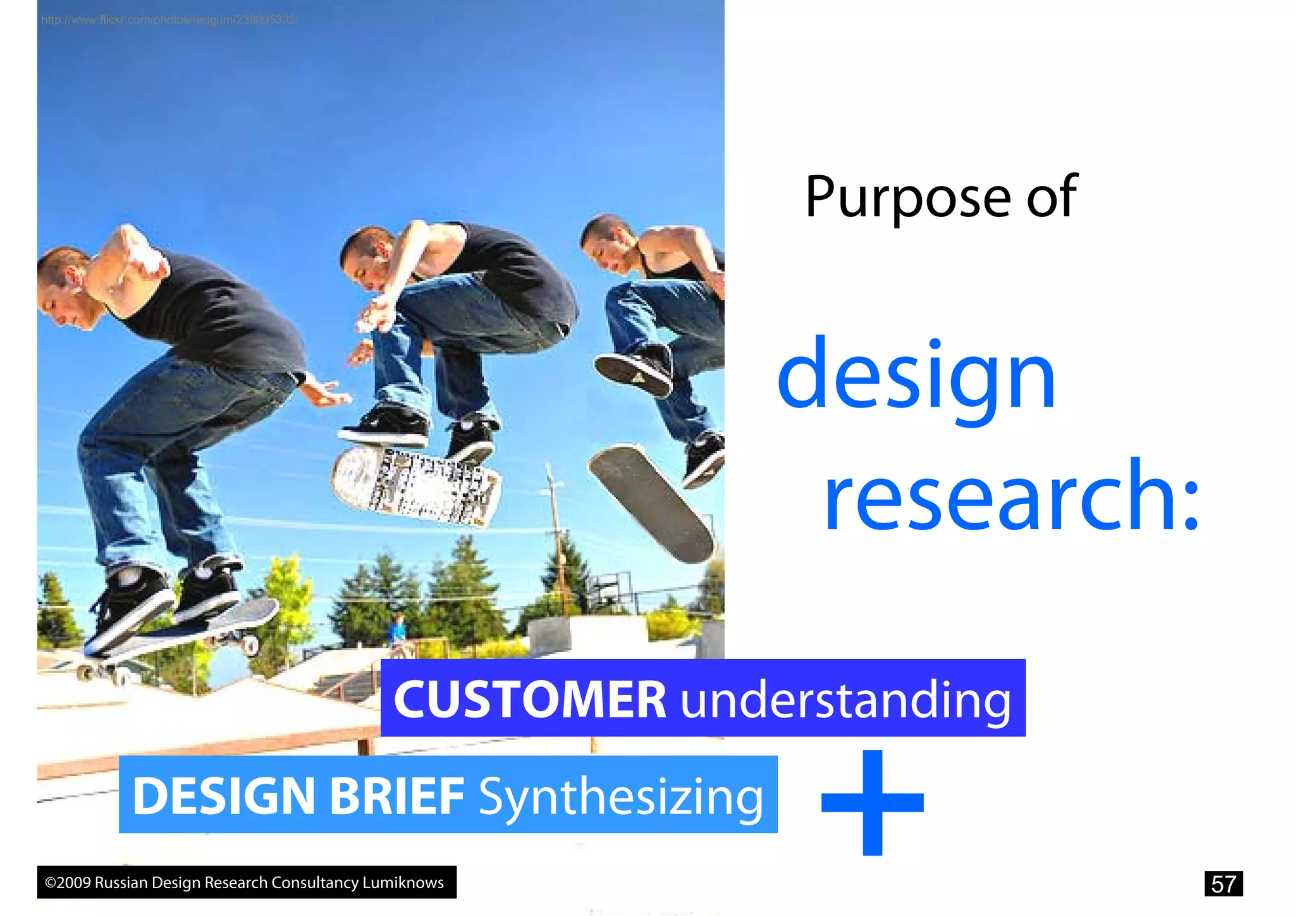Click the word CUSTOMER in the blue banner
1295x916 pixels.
(530, 699)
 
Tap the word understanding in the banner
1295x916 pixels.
(845, 700)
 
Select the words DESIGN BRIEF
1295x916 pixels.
(298, 795)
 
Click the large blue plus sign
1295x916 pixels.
(872, 802)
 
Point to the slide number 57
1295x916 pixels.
(1223, 884)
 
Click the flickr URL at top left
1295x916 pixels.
(169, 20)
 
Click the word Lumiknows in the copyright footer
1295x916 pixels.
(403, 882)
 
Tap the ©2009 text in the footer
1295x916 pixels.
(68, 882)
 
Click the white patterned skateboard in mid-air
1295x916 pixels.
(415, 486)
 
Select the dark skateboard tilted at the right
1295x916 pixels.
(651, 503)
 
